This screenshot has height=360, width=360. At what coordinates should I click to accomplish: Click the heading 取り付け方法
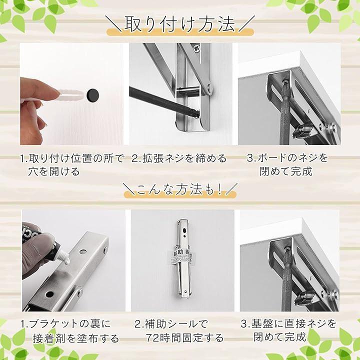point(180,24)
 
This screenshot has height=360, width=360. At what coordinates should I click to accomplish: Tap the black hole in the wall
point(92,94)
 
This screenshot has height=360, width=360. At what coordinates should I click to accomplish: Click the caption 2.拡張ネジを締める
point(179,158)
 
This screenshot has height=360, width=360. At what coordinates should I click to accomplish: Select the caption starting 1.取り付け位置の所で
point(72,165)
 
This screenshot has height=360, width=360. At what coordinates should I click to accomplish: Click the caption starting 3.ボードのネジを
point(287,165)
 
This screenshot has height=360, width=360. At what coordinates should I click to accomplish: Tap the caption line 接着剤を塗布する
point(76,338)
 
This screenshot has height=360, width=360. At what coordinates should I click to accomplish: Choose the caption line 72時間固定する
point(185,338)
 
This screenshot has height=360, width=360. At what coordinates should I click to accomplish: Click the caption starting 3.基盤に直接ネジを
point(288,330)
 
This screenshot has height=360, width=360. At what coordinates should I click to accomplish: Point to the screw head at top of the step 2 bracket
point(197,48)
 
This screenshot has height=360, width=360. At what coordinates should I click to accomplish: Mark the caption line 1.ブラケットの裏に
point(65,324)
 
